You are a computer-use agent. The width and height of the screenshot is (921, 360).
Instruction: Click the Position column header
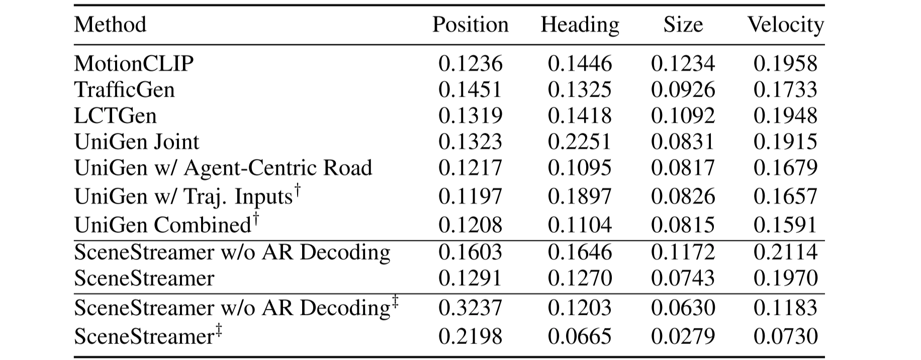470,25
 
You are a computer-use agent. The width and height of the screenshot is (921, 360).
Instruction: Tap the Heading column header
580,25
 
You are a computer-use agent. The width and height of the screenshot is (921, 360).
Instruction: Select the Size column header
683,25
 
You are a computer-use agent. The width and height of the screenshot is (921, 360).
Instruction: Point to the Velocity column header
785,25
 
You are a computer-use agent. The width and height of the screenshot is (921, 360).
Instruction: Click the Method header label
110,25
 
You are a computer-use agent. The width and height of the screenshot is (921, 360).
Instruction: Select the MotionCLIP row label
134,63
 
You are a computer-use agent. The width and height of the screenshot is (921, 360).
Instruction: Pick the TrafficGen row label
124,89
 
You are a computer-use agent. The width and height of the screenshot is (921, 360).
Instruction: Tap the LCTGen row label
115,116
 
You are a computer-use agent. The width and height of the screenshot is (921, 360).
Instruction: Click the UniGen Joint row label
136,142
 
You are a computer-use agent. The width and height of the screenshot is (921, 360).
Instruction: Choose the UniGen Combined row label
162,224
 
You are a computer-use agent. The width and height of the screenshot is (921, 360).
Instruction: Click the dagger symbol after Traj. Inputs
298,190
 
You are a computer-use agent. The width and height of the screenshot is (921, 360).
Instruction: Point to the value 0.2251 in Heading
580,142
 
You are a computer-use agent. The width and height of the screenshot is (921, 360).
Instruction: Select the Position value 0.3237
470,308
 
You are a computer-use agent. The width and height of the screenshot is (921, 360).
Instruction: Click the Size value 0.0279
683,336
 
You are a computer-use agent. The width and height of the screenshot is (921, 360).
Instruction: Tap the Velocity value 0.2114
785,251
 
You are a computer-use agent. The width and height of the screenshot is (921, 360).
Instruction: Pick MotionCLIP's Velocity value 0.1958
785,63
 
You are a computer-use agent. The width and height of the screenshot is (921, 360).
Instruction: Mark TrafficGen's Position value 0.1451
470,89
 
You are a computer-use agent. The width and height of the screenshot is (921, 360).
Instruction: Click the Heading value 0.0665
580,336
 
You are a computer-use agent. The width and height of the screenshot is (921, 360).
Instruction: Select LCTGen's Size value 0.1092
683,116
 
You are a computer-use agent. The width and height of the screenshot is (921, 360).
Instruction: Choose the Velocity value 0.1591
785,224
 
